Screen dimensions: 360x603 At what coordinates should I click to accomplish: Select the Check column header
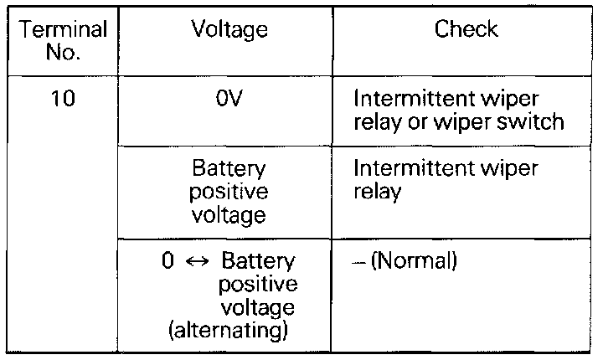466,31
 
